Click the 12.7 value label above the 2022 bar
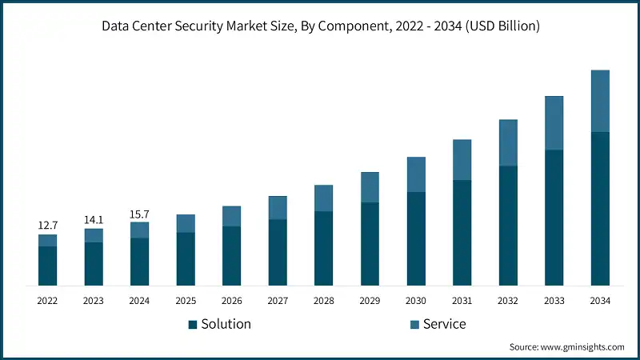coord(47,226)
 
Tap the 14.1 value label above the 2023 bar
coord(94,220)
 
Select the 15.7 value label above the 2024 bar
coord(140,214)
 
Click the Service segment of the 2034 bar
coord(600,101)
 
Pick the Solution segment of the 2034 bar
coord(600,208)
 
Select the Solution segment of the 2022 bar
coord(47,266)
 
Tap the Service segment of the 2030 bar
coord(416,174)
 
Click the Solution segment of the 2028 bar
coord(323,248)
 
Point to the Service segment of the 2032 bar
coord(508,143)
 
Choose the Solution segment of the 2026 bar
coord(231,256)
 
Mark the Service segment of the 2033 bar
coord(554,123)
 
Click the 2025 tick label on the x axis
coord(186,301)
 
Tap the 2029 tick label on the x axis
coord(370,301)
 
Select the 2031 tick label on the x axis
coord(462,301)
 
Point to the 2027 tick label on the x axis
coord(278,301)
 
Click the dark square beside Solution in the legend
coord(193,325)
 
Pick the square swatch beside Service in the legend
coord(414,325)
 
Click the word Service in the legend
coord(445,324)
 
